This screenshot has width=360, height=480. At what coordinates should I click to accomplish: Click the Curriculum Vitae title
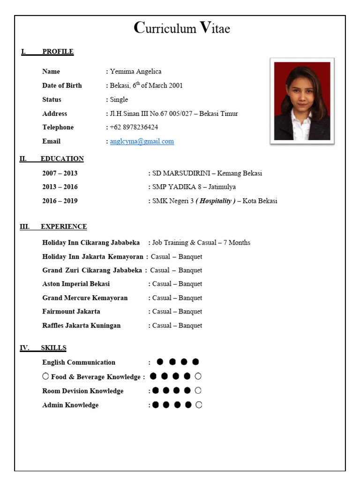coord(182,29)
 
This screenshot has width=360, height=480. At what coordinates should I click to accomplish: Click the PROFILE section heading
coord(58,52)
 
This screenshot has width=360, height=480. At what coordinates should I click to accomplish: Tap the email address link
coord(142,141)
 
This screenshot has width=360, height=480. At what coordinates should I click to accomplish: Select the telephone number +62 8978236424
coord(134,127)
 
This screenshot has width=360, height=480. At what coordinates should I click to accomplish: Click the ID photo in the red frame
coord(302,101)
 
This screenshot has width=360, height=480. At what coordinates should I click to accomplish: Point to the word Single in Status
coord(119,99)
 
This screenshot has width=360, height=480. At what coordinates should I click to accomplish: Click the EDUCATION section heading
coord(62,158)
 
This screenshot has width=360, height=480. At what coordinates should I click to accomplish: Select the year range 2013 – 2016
coord(60,187)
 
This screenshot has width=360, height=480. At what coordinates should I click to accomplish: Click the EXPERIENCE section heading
coord(64,226)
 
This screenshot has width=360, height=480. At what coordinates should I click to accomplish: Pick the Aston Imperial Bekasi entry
coord(76,284)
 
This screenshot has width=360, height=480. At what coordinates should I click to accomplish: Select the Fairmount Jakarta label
coord(71,311)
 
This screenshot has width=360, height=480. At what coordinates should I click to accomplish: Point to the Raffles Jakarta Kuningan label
coord(82,325)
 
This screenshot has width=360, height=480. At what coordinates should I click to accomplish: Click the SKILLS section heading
coord(53,348)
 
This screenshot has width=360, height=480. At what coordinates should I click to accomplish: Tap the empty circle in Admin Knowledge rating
coord(199,405)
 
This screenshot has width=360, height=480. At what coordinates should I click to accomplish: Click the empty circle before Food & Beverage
coord(45,376)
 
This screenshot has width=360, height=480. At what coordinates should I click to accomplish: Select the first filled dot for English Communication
coord(160,361)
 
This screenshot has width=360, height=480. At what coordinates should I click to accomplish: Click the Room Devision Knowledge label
coord(83,391)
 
